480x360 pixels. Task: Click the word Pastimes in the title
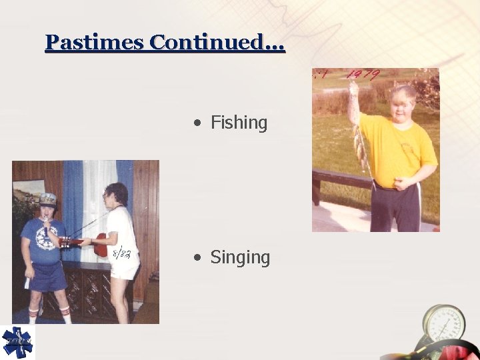point(95,43)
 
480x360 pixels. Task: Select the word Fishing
point(239,123)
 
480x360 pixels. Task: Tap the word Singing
point(240,257)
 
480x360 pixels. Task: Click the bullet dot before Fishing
point(197,123)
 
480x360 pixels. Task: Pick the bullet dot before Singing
point(197,258)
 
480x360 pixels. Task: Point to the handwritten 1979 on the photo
point(364,75)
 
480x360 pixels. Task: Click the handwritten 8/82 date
point(121,254)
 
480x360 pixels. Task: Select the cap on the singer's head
point(48,199)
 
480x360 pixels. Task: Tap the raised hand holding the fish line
point(353,87)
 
